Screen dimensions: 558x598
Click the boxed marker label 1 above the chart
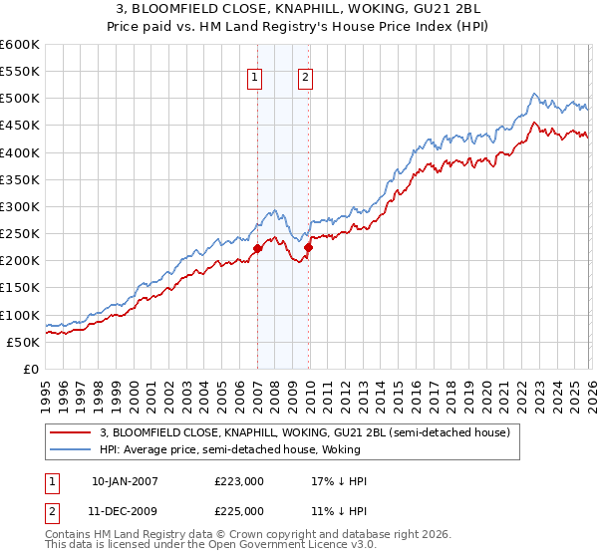[x=255, y=79]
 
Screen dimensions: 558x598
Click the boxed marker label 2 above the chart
[x=305, y=79]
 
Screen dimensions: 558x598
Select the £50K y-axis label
[x=23, y=342]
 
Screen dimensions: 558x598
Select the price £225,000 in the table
[x=239, y=511]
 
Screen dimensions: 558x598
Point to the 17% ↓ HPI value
[x=339, y=481]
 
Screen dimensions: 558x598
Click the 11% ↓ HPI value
[x=339, y=511]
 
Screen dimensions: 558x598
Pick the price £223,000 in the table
[x=239, y=481]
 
